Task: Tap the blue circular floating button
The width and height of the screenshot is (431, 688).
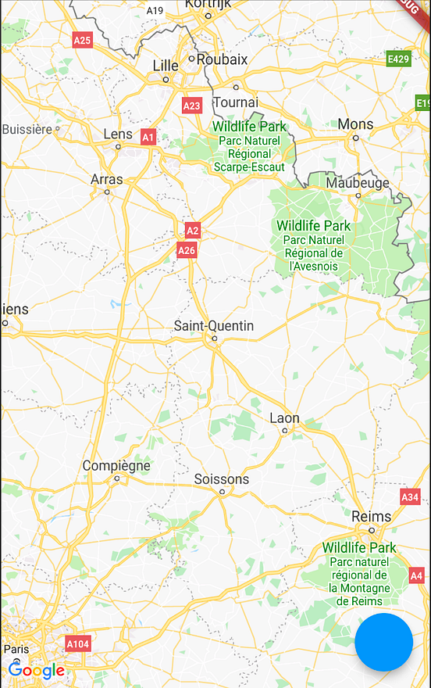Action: click(383, 642)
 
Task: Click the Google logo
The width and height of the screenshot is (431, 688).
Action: click(36, 671)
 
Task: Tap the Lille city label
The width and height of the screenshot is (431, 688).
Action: click(166, 66)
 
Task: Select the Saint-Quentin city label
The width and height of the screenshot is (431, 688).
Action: click(213, 325)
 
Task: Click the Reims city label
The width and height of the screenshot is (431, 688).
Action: click(372, 517)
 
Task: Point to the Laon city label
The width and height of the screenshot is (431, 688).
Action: click(284, 418)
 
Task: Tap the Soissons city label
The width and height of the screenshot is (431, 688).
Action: click(222, 479)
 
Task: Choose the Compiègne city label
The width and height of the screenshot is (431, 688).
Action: click(116, 466)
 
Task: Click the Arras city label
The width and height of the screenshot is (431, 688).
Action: click(107, 180)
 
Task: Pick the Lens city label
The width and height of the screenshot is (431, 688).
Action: click(118, 134)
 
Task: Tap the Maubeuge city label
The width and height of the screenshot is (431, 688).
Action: click(358, 183)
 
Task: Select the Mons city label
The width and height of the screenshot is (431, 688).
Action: click(355, 124)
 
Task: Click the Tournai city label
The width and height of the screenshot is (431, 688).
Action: click(235, 102)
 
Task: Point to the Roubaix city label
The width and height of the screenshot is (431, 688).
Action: click(222, 59)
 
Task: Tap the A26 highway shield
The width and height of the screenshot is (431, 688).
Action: click(186, 250)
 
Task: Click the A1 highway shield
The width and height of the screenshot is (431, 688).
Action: click(148, 138)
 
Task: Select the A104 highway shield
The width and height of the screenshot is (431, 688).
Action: click(78, 644)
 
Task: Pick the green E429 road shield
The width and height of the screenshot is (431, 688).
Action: click(398, 59)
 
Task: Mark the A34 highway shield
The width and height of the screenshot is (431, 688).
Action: click(410, 496)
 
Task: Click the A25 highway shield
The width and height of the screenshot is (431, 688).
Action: click(82, 40)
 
